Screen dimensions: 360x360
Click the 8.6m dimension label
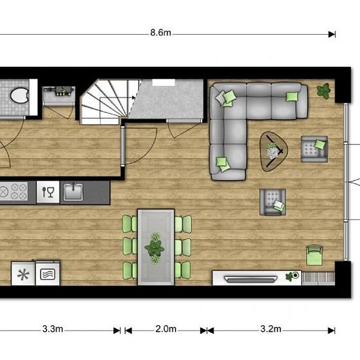(160, 33)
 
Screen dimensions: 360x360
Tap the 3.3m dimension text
(52, 329)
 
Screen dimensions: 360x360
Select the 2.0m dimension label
(166, 329)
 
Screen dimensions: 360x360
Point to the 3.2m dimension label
(271, 329)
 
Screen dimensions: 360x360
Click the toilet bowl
(19, 96)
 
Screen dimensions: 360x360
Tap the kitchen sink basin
(73, 192)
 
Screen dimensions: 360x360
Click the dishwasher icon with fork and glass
(48, 192)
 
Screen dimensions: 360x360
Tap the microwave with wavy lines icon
(48, 274)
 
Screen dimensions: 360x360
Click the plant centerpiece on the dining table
(154, 247)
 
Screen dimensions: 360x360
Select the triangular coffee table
(273, 151)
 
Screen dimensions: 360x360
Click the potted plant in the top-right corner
(323, 91)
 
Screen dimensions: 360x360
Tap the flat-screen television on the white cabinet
(251, 279)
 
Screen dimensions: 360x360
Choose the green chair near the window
(314, 255)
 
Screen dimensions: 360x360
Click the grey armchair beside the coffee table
(314, 149)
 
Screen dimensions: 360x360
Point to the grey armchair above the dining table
(272, 202)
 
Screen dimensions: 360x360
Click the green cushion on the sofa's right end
(291, 96)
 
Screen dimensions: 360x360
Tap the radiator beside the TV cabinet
(318, 278)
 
